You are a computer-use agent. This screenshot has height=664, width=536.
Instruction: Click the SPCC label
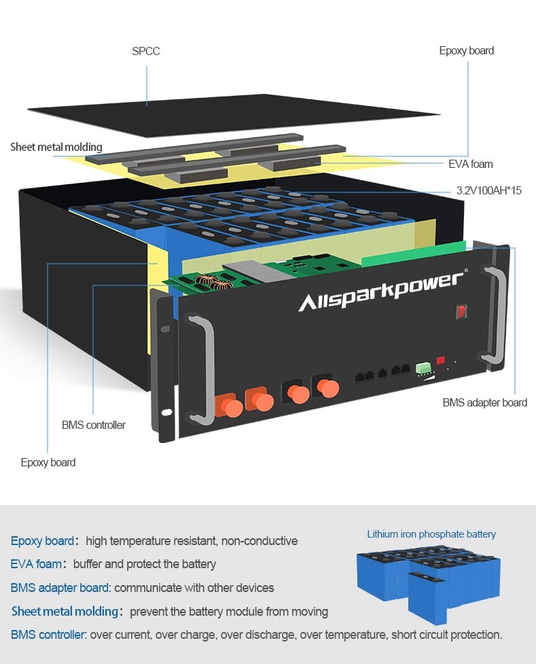tap(146, 51)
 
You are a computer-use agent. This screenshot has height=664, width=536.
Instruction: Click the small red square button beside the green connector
tap(440, 360)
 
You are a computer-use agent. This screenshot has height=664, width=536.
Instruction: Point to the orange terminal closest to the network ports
tap(329, 388)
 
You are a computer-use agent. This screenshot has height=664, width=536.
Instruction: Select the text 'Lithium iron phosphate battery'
tap(431, 534)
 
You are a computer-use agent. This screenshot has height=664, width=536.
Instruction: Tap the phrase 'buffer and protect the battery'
tap(145, 564)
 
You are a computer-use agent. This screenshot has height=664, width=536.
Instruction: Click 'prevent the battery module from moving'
tap(229, 611)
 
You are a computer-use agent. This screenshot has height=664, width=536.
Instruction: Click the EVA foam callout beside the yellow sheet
tap(471, 164)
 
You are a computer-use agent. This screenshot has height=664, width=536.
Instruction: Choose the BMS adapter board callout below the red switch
tap(484, 402)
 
